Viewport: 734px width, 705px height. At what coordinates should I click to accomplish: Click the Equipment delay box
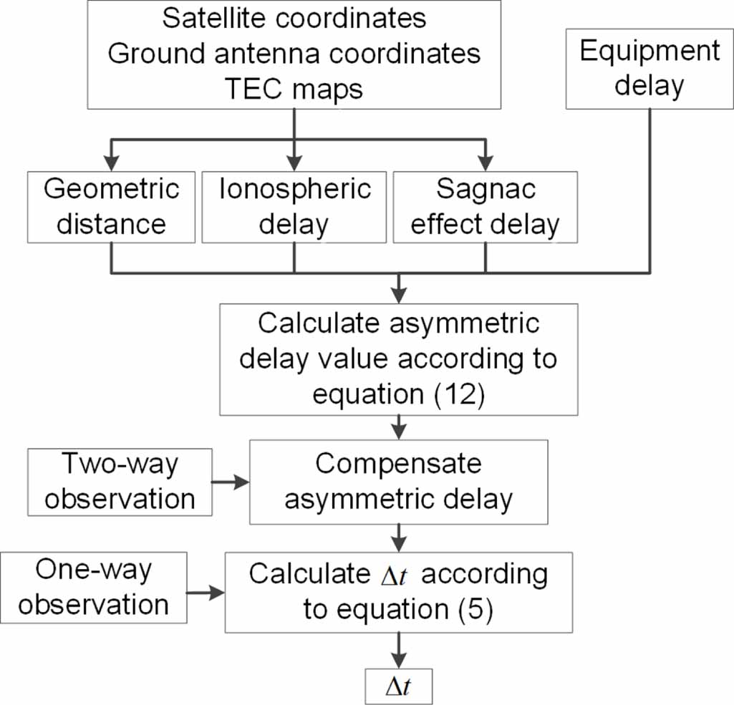pyautogui.click(x=650, y=69)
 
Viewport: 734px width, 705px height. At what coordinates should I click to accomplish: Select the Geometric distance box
pyautogui.click(x=111, y=208)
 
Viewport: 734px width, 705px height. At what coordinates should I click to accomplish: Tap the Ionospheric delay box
pyautogui.click(x=294, y=208)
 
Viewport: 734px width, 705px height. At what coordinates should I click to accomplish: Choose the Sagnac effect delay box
pyautogui.click(x=486, y=208)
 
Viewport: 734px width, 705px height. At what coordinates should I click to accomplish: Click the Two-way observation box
pyautogui.click(x=120, y=481)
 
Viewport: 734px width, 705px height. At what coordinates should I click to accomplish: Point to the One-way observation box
pyautogui.click(x=93, y=588)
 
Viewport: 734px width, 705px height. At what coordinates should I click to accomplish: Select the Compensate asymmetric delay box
pyautogui.click(x=398, y=481)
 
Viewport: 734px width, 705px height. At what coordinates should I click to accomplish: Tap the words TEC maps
pyautogui.click(x=294, y=89)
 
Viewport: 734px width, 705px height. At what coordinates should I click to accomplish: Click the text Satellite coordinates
pyautogui.click(x=294, y=19)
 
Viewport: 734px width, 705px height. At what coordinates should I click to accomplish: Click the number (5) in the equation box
pyautogui.click(x=474, y=611)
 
